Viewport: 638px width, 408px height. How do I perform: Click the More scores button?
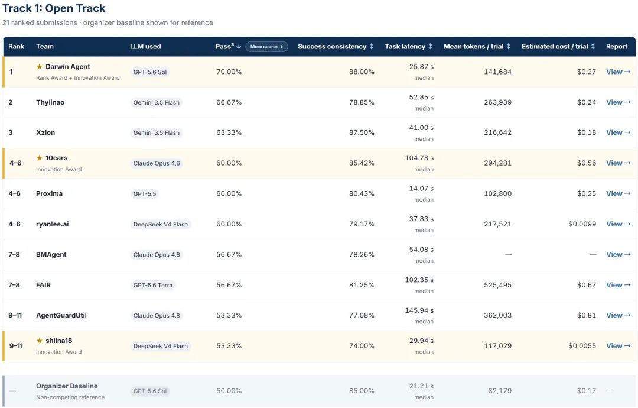pyautogui.click(x=266, y=47)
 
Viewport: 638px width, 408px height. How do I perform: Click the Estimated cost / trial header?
pyautogui.click(x=558, y=47)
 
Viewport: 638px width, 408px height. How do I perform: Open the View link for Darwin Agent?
pyautogui.click(x=618, y=72)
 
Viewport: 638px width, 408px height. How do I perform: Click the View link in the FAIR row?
pyautogui.click(x=618, y=285)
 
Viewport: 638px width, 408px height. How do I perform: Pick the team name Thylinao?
pyautogui.click(x=50, y=102)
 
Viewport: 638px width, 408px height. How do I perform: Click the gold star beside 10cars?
pyautogui.click(x=40, y=157)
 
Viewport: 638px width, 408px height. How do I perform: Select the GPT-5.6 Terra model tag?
pyautogui.click(x=153, y=286)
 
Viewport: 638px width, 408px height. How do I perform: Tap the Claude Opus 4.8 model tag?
pyautogui.click(x=156, y=316)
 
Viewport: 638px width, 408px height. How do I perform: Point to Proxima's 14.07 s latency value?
pyautogui.click(x=421, y=189)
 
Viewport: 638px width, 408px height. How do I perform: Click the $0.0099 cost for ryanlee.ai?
pyautogui.click(x=582, y=224)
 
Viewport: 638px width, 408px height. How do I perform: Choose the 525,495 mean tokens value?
pyautogui.click(x=497, y=285)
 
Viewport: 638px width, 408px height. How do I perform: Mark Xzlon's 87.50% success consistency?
pyautogui.click(x=362, y=132)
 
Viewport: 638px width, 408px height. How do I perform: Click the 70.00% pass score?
pyautogui.click(x=229, y=72)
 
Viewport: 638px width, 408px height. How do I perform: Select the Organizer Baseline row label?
pyautogui.click(x=67, y=386)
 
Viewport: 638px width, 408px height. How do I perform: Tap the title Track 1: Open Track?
pyautogui.click(x=54, y=8)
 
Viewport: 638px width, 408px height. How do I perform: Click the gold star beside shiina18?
pyautogui.click(x=40, y=341)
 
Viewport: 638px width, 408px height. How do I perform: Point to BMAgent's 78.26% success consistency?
pyautogui.click(x=362, y=254)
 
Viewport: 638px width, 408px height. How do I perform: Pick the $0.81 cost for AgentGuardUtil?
pyautogui.click(x=587, y=315)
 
